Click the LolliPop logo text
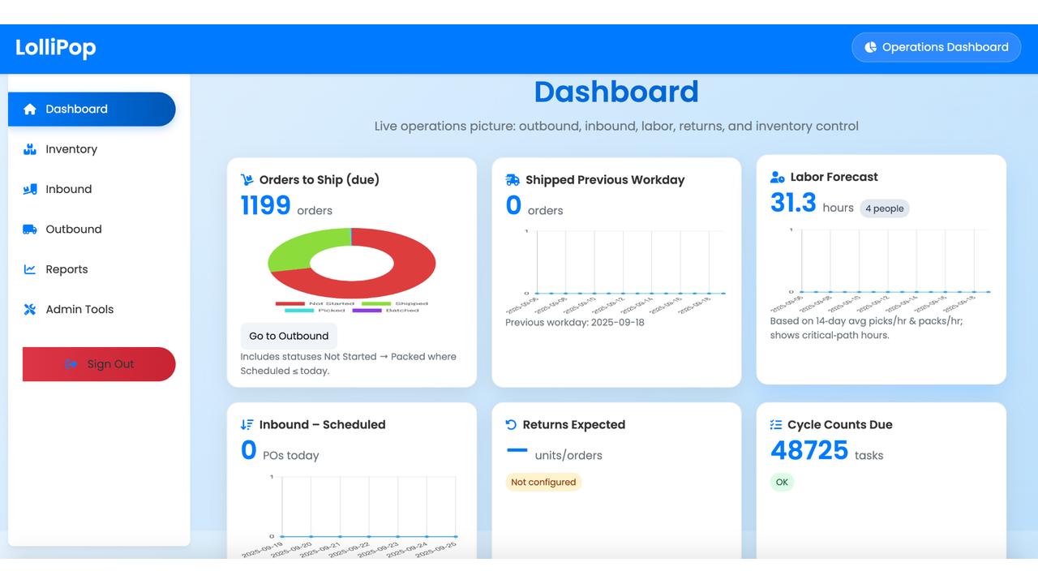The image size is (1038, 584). [x=55, y=48]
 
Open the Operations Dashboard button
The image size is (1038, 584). [x=936, y=47]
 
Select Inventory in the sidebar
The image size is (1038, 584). [x=71, y=149]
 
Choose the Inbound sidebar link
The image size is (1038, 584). [x=68, y=189]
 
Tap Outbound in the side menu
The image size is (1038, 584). [x=73, y=230]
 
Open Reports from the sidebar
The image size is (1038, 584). [x=66, y=269]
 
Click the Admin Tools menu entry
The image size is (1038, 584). [x=79, y=309]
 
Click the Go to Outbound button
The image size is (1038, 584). [x=289, y=336]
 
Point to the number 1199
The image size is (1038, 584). [x=265, y=206]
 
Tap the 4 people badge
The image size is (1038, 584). [x=884, y=208]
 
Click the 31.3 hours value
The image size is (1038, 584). [x=793, y=204]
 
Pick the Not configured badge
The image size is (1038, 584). [x=543, y=482]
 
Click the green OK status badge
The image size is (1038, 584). [x=782, y=482]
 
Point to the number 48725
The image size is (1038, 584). [x=809, y=451]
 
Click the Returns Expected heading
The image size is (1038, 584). [x=573, y=424]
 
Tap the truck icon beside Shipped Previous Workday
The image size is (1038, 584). [x=513, y=180]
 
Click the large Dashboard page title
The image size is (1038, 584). [x=616, y=92]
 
